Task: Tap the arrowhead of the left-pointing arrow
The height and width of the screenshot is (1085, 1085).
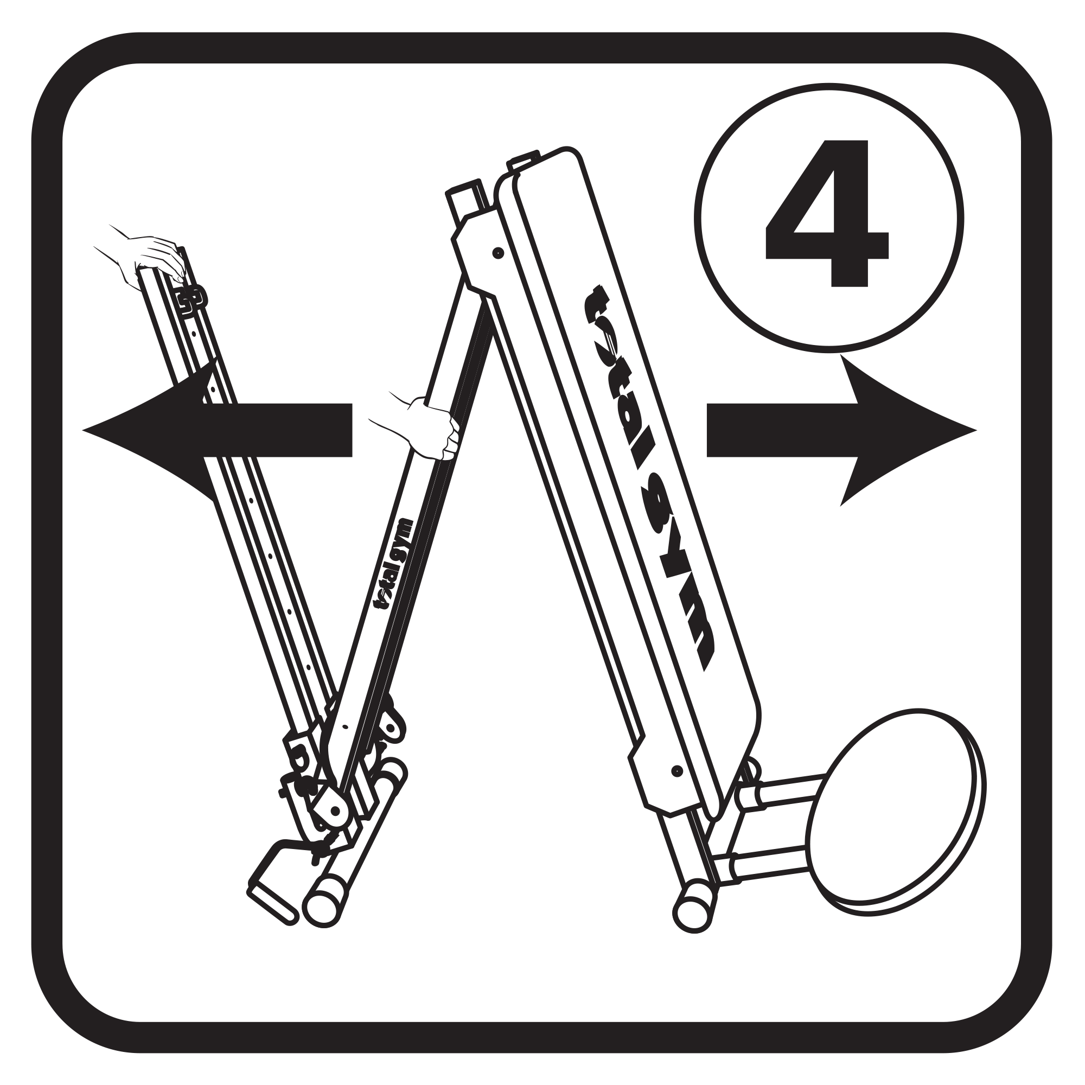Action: pos(146,431)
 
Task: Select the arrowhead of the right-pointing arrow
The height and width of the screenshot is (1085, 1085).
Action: pos(904,430)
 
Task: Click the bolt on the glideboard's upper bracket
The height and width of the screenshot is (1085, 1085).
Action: pos(497,253)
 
